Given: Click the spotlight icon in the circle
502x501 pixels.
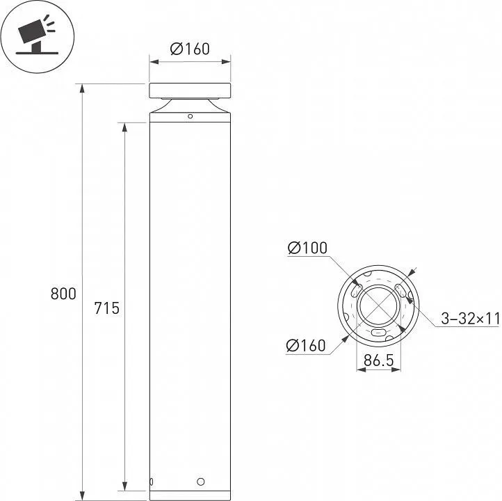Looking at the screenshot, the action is tap(36, 36).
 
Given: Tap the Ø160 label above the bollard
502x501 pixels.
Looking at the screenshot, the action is tap(190, 49).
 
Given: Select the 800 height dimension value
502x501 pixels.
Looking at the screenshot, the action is tap(63, 294).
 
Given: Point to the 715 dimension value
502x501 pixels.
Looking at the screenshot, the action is tap(106, 308).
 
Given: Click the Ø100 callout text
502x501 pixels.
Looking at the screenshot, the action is tap(307, 248).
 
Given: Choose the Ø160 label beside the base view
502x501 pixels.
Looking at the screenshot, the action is tap(306, 345).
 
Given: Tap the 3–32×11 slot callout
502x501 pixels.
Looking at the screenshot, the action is tap(470, 319).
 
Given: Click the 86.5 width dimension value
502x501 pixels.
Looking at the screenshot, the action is tap(378, 360).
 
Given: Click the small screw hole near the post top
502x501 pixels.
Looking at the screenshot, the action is tap(191, 116).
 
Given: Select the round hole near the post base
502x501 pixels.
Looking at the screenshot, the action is tap(201, 482).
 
